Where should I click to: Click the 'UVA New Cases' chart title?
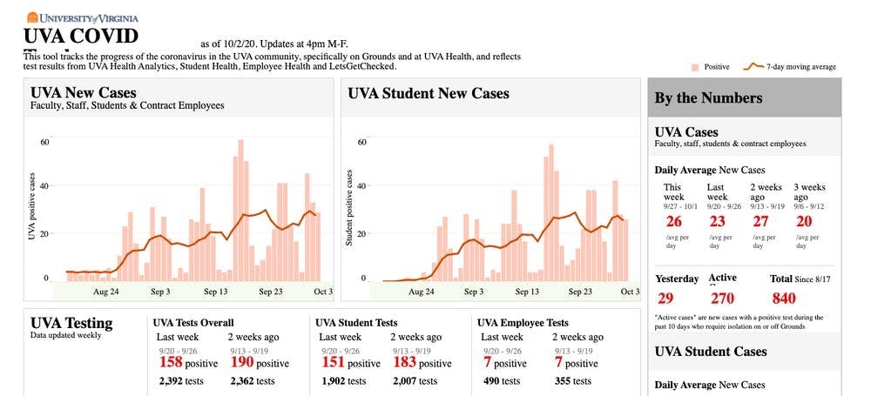point(84,93)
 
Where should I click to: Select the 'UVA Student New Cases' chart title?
point(429,93)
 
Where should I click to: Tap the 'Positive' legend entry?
point(710,66)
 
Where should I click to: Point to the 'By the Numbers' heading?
point(708,98)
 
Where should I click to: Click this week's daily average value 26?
point(673,221)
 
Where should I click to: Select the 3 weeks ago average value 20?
point(804,221)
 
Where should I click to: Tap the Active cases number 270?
point(722,298)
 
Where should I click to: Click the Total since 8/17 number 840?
point(783,298)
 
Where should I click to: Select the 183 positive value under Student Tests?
point(404,361)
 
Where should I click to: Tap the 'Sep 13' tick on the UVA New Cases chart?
point(215,292)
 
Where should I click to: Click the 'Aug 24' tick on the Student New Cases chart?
point(422,292)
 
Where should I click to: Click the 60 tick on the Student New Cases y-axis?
point(361,141)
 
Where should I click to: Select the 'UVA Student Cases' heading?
point(711,352)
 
